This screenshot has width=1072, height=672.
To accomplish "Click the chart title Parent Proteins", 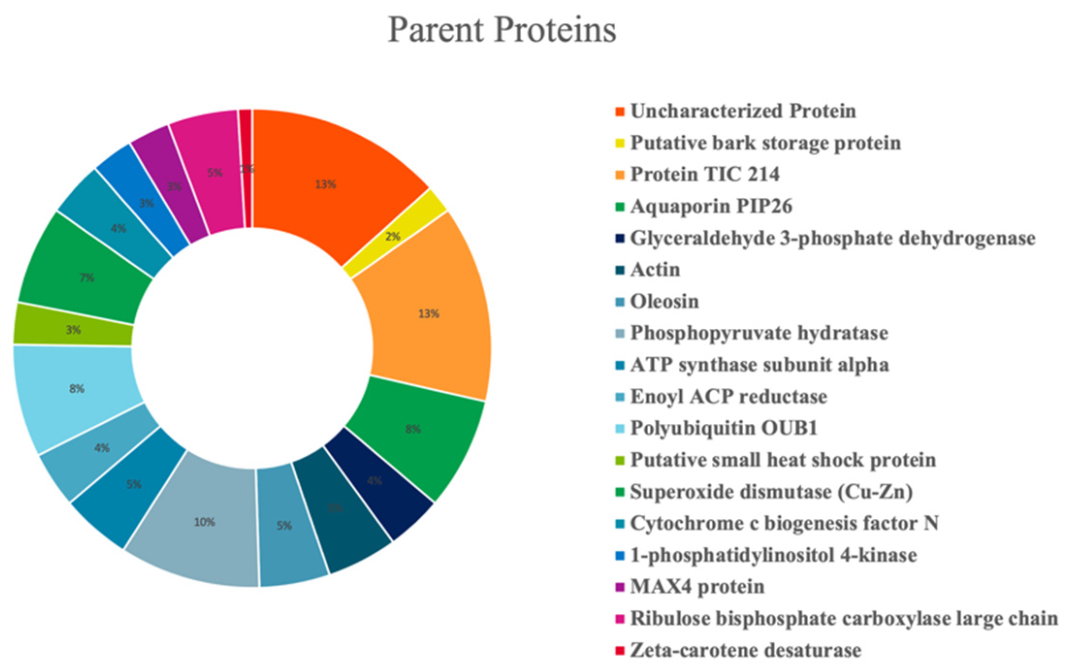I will coord(502,30).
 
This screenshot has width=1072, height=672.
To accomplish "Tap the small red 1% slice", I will coord(246,167).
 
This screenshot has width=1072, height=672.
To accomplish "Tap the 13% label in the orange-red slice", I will coord(325,184).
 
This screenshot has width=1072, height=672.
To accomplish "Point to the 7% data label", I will coord(87,278).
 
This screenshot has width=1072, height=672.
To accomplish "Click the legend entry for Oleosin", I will coord(664,302).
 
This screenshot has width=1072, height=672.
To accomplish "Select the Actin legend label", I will coord(655,270).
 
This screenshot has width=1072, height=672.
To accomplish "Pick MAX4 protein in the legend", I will coord(697,587).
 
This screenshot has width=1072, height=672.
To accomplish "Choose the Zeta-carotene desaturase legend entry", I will coord(746,650).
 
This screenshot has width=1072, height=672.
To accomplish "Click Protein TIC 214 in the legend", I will coord(704,175).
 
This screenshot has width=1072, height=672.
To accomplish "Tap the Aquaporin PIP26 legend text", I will coord(711,206).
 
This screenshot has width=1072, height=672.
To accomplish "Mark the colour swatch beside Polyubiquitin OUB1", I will coord(620,429).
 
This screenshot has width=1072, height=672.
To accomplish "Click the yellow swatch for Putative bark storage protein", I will coord(620,144).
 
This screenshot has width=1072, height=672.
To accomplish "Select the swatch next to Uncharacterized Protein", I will coord(620,112).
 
